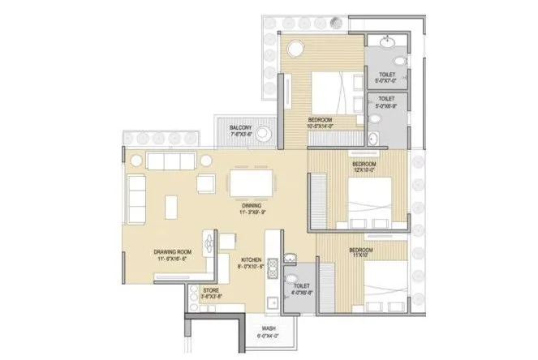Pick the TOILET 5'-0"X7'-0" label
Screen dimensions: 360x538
(387, 78)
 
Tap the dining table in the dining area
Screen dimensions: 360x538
(250, 183)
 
